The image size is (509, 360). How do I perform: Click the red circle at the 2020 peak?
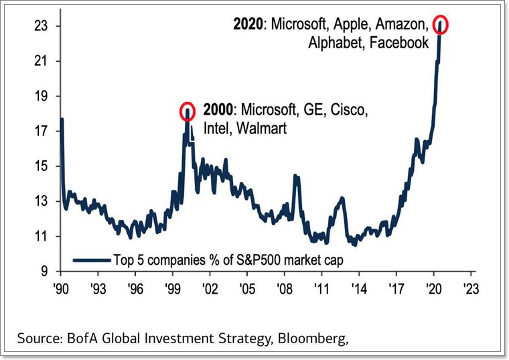(x=440, y=24)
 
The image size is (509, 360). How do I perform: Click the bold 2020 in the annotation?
(x=248, y=25)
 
